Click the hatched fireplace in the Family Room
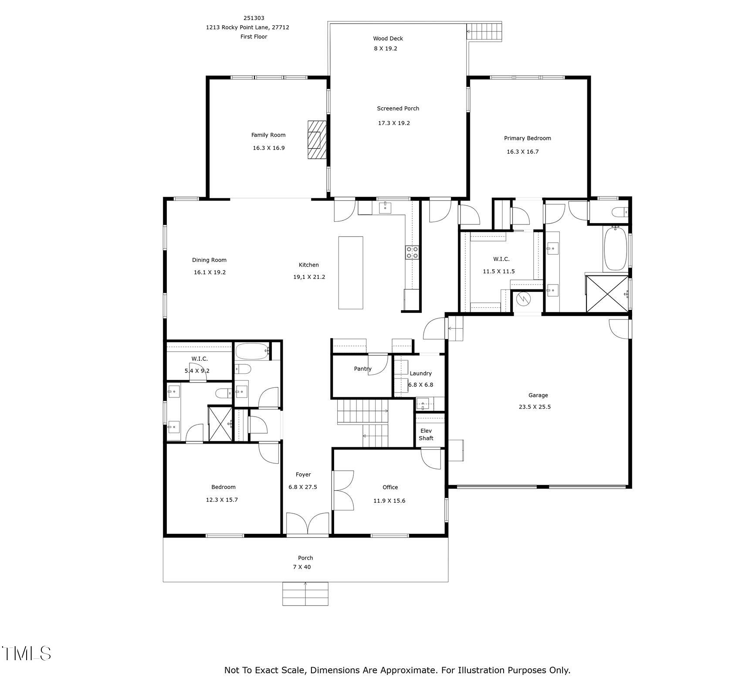(316, 140)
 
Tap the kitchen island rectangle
(351, 273)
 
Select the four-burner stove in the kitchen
(412, 252)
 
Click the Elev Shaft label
(426, 434)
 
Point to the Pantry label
(362, 369)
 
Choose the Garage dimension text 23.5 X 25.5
(535, 407)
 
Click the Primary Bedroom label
(527, 138)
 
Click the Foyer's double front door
(308, 524)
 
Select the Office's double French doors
(343, 490)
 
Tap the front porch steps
(305, 593)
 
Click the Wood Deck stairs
(484, 31)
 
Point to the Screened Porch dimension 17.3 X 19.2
(394, 123)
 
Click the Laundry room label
(420, 373)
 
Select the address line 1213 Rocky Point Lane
(247, 27)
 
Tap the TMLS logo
(26, 653)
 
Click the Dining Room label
(209, 260)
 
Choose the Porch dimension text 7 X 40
(302, 567)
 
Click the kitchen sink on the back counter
(385, 207)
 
